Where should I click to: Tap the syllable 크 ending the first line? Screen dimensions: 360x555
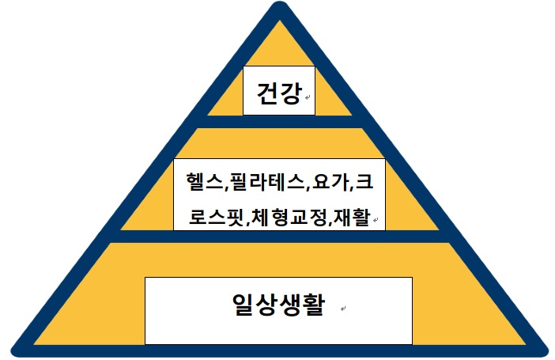click(364, 184)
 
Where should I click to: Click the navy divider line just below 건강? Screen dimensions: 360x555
click(277, 122)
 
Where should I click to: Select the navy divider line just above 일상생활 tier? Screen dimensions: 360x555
click(277, 237)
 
